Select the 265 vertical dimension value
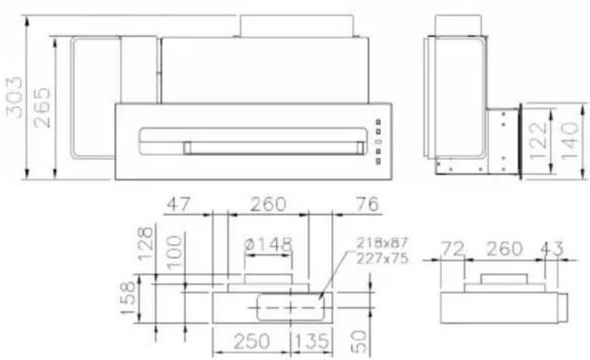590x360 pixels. [42, 108]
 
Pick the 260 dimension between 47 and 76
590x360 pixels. [267, 204]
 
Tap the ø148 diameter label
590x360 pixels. [269, 245]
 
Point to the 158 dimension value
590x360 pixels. [129, 299]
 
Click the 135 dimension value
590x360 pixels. [310, 342]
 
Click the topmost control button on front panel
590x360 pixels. [379, 123]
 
